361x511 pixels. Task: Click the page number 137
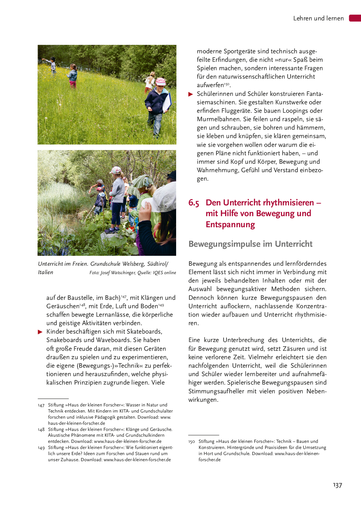pos(337,485)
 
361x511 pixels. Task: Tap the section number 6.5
pos(194,203)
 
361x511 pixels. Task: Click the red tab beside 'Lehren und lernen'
pos(355,18)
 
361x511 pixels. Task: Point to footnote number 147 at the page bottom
pos(41,405)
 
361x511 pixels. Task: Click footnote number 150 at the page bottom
pos(192,442)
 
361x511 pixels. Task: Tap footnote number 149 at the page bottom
pos(41,448)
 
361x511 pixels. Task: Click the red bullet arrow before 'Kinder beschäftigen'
pos(40,332)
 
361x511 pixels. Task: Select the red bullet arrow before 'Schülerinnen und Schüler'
pos(191,94)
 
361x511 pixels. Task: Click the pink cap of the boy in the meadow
pos(160,81)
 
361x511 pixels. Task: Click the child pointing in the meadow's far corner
pos(51,64)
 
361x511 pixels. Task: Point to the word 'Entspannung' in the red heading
pos(230,225)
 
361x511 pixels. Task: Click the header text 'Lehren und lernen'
pos(318,18)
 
